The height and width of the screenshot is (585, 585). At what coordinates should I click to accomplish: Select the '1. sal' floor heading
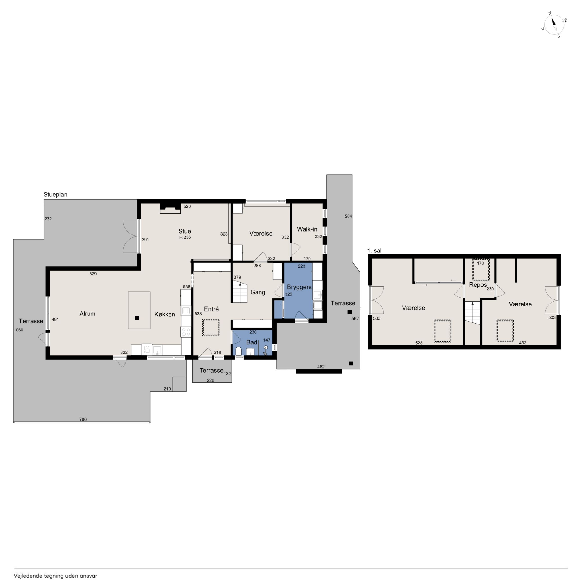pos(374,251)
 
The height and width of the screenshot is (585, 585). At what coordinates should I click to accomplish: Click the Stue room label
pos(185,231)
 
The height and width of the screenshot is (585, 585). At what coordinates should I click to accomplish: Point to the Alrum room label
pos(88,314)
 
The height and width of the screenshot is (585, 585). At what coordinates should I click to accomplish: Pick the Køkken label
pos(165,314)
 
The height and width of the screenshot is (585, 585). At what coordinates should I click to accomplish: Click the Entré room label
pos(211,309)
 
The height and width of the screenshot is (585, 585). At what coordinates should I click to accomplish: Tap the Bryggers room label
pos(299,287)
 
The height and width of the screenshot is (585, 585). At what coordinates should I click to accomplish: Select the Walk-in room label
pos(307,229)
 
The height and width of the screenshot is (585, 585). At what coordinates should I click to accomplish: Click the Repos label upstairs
pos(478,285)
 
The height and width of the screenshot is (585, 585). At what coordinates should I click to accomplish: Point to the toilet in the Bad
pos(238,351)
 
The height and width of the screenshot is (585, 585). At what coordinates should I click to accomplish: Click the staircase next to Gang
pos(240,291)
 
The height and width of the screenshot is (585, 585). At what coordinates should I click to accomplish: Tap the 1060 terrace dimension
pos(18,330)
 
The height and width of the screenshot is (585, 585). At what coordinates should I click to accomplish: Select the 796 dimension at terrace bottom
pos(83,419)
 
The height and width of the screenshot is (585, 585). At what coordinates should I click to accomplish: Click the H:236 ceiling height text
pos(185,237)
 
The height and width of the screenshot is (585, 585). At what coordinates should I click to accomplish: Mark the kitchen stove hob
pos(186,332)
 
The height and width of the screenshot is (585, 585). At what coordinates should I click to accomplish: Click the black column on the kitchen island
pos(137,318)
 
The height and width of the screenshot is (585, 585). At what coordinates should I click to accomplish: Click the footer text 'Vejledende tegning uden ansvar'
pos(55,576)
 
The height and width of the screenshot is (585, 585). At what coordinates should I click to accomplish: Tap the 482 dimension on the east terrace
pos(321,367)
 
